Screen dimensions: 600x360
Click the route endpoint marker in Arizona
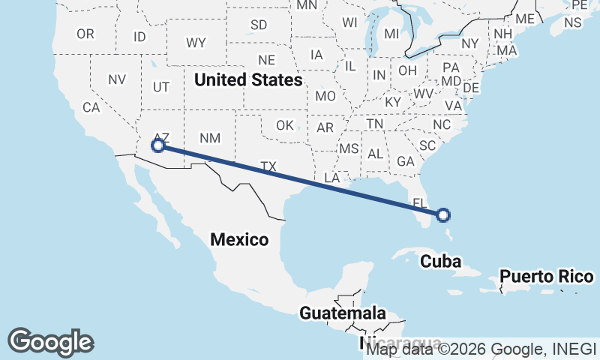pyautogui.click(x=158, y=145)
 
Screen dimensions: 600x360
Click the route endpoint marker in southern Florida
pyautogui.click(x=443, y=215)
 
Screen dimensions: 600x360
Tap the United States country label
pyautogui.click(x=248, y=79)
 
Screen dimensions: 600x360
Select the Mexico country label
pyautogui.click(x=239, y=240)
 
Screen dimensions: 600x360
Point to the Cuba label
pyautogui.click(x=439, y=261)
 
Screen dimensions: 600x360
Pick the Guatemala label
pyautogui.click(x=343, y=313)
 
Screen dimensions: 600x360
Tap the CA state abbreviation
pyautogui.click(x=91, y=107)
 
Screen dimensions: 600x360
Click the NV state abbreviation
pyautogui.click(x=117, y=79)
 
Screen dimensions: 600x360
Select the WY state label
pyautogui.click(x=196, y=41)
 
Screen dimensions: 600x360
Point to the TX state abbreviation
pyautogui.click(x=268, y=165)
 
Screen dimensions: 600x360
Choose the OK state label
pyautogui.click(x=285, y=125)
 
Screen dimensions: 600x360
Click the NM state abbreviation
pyautogui.click(x=210, y=137)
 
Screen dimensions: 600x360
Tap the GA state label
pyautogui.click(x=406, y=160)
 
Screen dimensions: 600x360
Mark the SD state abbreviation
pyautogui.click(x=259, y=25)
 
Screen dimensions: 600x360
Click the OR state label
pyautogui.click(x=85, y=34)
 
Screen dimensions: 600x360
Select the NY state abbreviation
pyautogui.click(x=470, y=43)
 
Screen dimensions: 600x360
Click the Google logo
pyautogui.click(x=51, y=341)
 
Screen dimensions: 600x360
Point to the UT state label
pyautogui.click(x=161, y=87)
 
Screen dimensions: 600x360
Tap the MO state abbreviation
pyautogui.click(x=325, y=96)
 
